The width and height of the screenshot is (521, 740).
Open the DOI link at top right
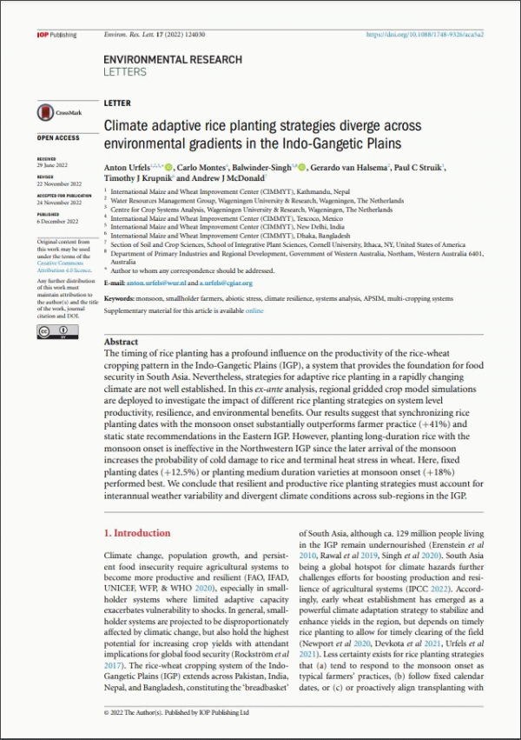point(427,34)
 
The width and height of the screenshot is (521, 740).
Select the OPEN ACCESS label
point(57,138)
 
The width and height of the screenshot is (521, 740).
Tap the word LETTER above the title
point(116,103)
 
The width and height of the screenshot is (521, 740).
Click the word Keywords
point(119,298)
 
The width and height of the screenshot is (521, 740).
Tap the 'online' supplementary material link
point(254,310)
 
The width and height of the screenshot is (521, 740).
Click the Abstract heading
point(121,343)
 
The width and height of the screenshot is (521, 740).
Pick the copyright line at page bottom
point(176,712)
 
